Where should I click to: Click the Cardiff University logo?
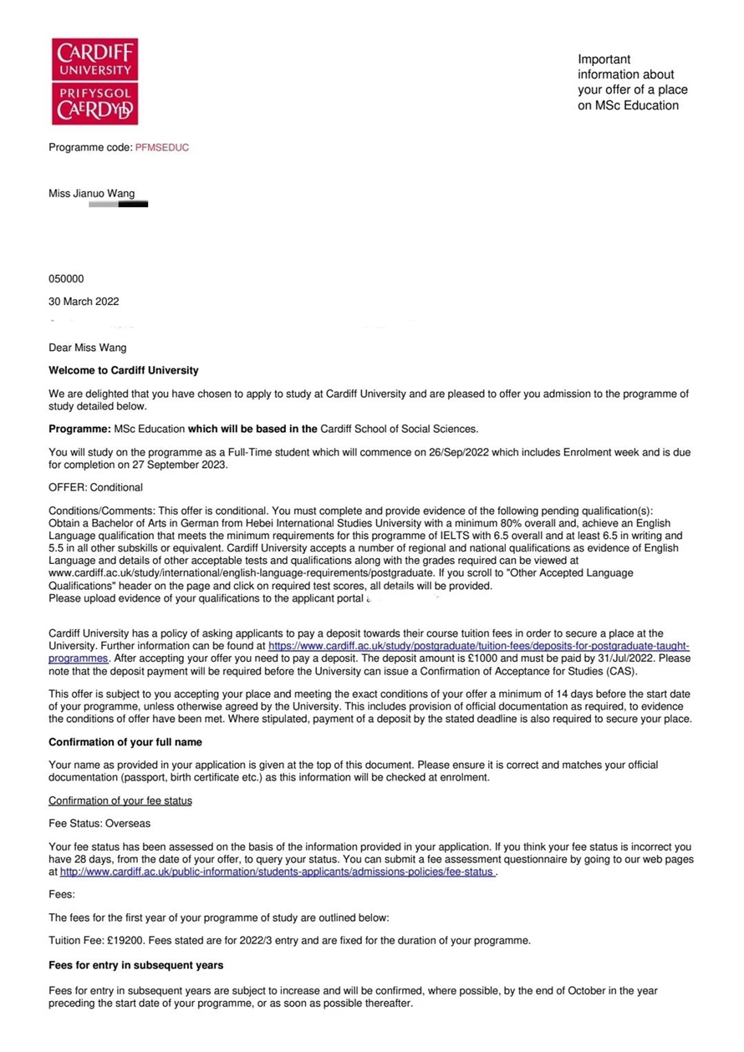coord(94,81)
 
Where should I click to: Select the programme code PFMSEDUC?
coord(162,148)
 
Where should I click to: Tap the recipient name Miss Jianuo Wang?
coord(91,194)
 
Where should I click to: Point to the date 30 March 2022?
coord(84,302)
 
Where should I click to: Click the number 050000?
coord(66,279)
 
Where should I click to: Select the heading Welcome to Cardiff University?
coord(124,370)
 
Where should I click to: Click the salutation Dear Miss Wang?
coord(88,348)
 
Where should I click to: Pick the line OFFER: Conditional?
coord(95,487)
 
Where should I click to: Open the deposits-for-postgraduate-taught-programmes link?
coord(478,647)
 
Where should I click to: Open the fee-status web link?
coord(277,872)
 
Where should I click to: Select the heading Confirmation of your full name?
coord(125,742)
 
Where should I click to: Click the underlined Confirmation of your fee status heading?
coord(120,800)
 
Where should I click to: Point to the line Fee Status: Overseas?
coord(99,824)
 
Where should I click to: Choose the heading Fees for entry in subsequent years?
coord(135,965)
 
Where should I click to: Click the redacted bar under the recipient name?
coord(118,204)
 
